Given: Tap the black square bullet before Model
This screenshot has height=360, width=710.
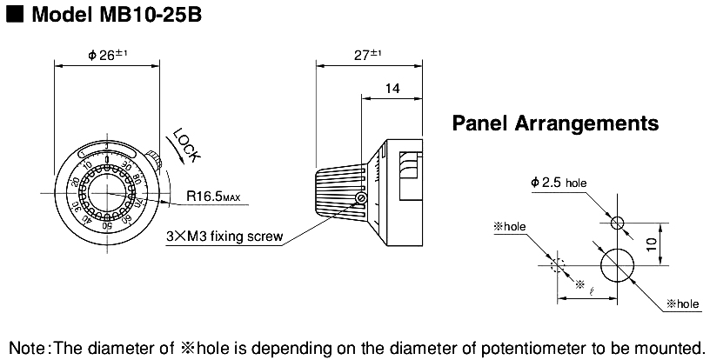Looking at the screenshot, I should click(x=13, y=17).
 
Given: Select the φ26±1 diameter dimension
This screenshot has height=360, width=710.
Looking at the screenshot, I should click(x=107, y=54).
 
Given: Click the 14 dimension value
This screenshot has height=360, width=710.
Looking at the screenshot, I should click(x=392, y=88).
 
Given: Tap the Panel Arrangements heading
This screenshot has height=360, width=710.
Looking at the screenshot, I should click(x=555, y=123).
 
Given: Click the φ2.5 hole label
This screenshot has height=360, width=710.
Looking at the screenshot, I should click(x=559, y=183).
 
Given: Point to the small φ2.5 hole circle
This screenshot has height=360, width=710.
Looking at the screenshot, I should click(x=618, y=223).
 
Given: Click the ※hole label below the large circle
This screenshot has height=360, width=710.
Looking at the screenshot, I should click(x=682, y=303).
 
